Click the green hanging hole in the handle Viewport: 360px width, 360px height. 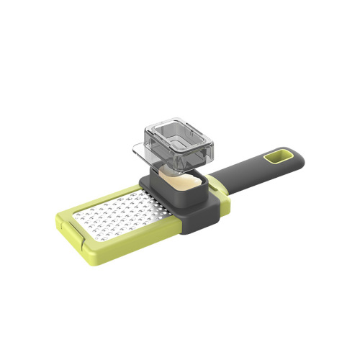[x=275, y=156]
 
